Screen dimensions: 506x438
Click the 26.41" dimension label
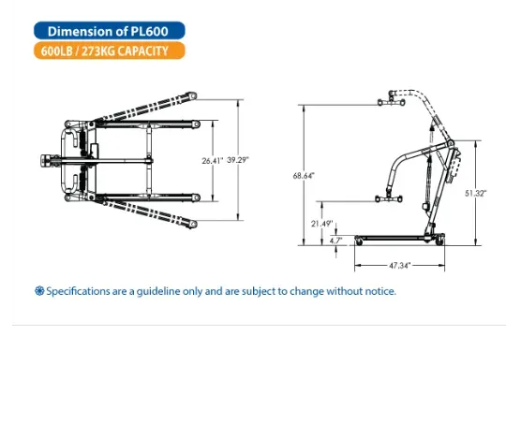213,160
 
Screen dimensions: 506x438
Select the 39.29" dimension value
238,160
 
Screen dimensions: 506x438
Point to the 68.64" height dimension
304,176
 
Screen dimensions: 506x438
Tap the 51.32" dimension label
476,193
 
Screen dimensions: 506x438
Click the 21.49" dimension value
321,224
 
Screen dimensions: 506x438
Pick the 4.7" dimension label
336,241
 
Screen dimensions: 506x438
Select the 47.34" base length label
400,266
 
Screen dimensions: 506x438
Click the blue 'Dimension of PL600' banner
110,31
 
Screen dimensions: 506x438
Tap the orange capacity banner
110,51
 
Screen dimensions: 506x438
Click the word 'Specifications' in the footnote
78,291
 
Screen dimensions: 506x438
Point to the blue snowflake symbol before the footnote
39,291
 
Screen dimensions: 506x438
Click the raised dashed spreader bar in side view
391,103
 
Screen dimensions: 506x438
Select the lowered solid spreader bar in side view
389,198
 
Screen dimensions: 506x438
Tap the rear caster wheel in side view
439,241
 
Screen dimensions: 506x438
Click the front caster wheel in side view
359,241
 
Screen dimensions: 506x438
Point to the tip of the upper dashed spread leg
192,95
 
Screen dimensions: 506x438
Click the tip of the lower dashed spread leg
193,225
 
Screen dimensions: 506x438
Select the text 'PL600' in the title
149,31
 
